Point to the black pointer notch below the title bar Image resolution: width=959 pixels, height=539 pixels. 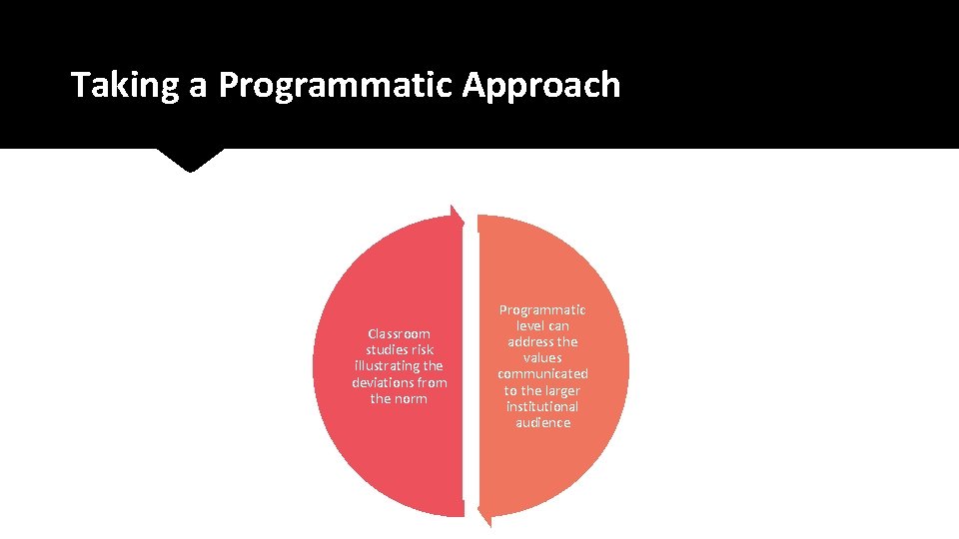coord(190,160)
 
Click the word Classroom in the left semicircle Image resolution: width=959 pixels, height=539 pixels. coord(399,333)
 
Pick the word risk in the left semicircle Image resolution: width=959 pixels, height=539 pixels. coord(421,349)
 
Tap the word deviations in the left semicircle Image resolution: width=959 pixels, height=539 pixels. coord(385,382)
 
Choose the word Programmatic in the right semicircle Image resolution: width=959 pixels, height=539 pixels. coord(542,310)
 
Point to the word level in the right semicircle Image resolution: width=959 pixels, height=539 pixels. coord(529,326)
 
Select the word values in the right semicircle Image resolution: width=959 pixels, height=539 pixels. coord(542,358)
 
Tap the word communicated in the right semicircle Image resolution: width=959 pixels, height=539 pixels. coord(542,374)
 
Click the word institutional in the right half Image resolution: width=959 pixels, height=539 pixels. coord(542,407)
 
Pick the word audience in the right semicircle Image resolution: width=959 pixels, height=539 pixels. coord(542,423)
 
